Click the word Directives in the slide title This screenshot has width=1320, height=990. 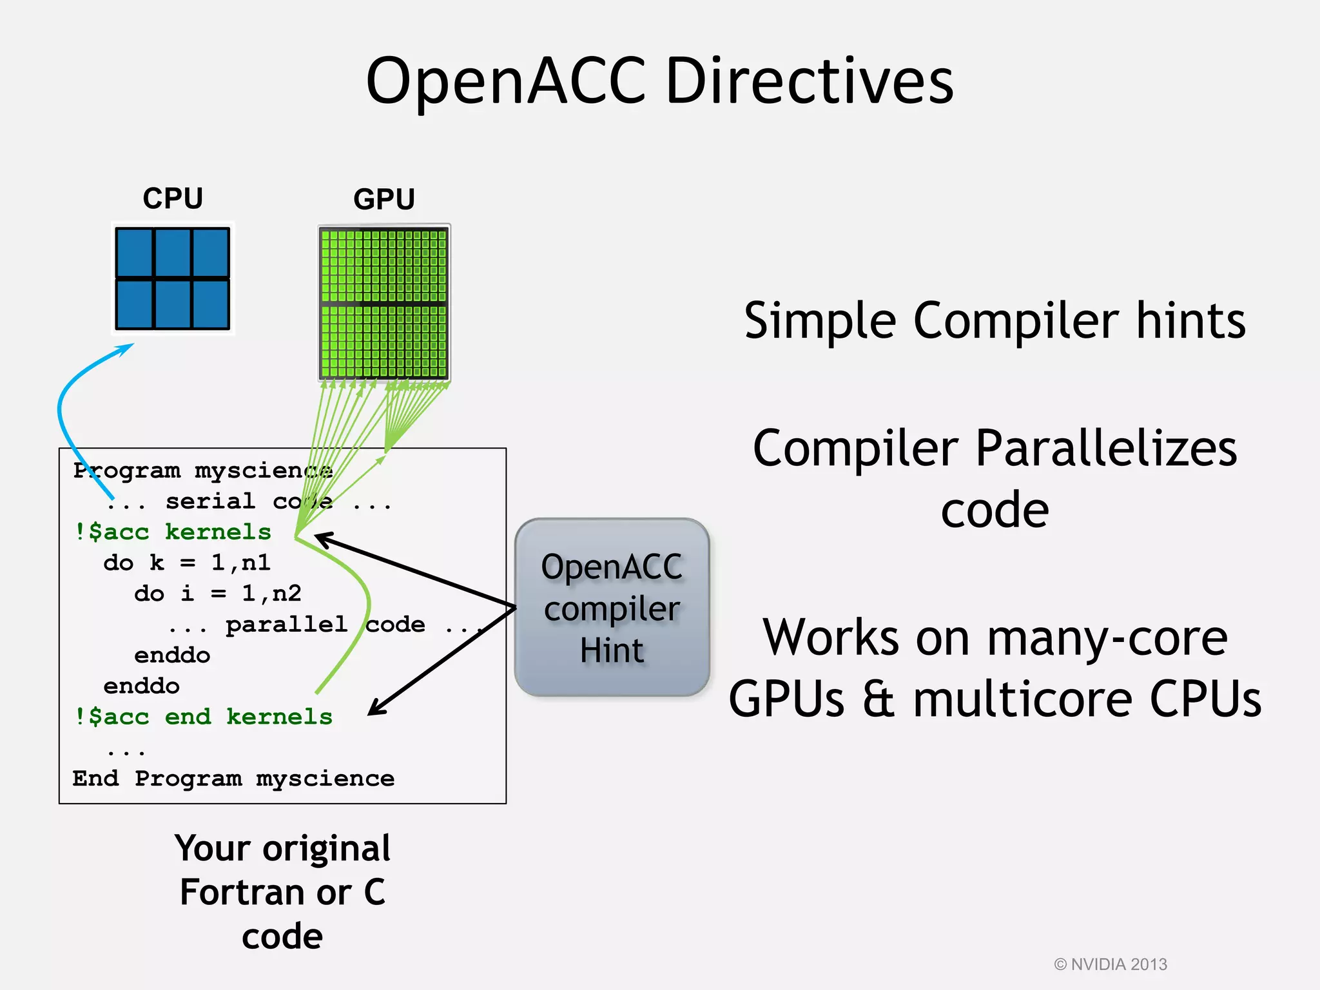809,82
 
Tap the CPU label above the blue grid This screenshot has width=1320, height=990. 173,198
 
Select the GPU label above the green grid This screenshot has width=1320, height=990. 384,199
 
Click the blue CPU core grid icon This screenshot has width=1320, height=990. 173,278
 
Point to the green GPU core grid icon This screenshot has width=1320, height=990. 384,303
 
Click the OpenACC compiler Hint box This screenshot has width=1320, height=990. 612,607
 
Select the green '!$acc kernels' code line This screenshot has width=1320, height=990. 173,532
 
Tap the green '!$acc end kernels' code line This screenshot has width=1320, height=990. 204,717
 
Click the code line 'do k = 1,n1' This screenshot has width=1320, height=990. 187,563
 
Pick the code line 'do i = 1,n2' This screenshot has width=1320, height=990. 218,593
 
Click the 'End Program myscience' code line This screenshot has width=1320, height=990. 233,779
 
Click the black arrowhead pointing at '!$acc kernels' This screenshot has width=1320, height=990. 322,538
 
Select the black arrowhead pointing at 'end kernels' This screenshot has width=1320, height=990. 376,708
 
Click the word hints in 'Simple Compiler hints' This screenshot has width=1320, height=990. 1190,320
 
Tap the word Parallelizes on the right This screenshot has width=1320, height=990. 1106,449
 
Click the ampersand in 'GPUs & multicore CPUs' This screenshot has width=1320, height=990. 878,700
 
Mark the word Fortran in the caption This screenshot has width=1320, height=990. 266,893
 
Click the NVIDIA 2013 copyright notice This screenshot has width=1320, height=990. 1111,964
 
